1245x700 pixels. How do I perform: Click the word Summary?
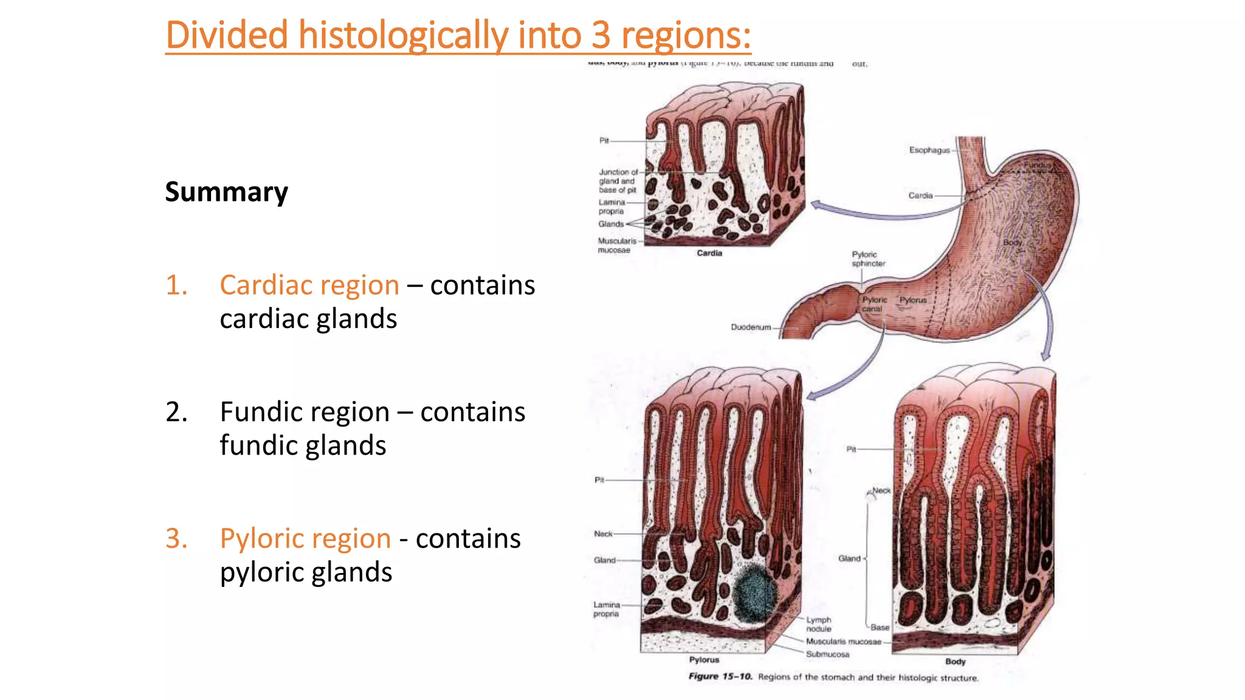(x=226, y=192)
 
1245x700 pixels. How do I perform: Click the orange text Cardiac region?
(x=309, y=285)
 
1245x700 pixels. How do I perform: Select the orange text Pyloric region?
(x=305, y=538)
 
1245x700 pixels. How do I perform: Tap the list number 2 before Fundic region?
(x=176, y=412)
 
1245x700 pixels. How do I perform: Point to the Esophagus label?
(x=929, y=150)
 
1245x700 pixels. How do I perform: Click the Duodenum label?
(x=750, y=327)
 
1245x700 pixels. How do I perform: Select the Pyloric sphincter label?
(x=867, y=259)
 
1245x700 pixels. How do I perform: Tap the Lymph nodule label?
(x=818, y=624)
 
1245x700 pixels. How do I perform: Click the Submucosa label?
(x=827, y=654)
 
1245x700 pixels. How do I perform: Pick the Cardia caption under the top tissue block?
(x=709, y=253)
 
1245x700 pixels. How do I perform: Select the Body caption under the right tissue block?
(x=955, y=662)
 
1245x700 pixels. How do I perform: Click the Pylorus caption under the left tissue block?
(x=704, y=660)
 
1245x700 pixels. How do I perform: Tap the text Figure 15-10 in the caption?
(x=720, y=676)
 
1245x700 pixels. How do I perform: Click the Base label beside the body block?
(x=879, y=627)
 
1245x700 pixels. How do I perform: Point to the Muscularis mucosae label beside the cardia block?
(x=616, y=245)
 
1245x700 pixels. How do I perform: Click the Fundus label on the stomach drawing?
(x=1036, y=165)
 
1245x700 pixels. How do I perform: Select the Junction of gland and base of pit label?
(x=618, y=181)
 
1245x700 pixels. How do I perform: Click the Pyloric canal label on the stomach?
(x=874, y=304)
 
